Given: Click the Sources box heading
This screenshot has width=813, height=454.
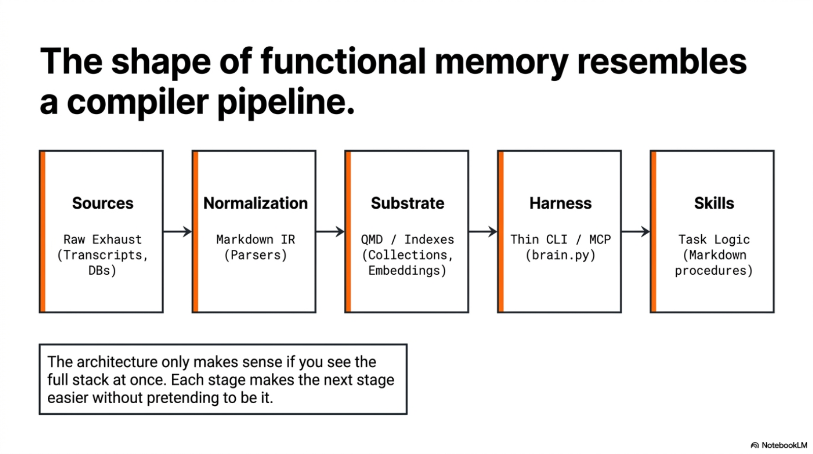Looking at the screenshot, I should [102, 203].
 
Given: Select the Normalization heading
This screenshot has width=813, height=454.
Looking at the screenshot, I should [255, 203].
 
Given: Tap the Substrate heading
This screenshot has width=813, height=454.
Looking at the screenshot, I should [407, 203].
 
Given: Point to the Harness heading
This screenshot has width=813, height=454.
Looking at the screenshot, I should [560, 203].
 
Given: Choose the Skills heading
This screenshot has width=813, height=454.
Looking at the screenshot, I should [713, 203].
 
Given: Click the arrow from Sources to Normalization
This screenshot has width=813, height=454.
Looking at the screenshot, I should [177, 232].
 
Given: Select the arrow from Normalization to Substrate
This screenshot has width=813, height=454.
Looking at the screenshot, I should [330, 232].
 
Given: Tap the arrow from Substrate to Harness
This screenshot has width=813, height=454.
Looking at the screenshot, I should [483, 232].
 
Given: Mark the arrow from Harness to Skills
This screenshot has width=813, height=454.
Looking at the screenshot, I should [635, 232].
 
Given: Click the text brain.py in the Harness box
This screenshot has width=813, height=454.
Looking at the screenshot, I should [560, 255].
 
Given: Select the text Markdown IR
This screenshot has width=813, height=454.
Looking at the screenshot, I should [255, 239].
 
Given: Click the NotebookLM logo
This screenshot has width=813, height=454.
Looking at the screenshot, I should [778, 445].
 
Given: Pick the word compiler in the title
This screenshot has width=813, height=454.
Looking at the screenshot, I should [137, 102].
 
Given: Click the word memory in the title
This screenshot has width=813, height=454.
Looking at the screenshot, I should [501, 61].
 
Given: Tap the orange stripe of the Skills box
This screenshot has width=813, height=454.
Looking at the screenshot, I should [653, 232].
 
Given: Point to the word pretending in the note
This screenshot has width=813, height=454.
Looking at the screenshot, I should [183, 398].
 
